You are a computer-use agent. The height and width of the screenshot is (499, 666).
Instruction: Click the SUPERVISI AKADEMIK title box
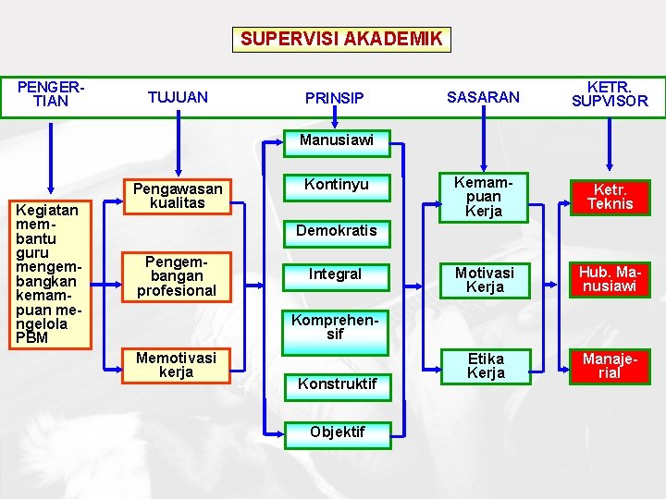(341, 39)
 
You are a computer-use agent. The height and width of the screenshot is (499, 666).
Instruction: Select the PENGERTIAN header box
(51, 94)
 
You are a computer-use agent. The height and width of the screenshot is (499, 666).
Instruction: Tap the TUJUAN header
(178, 97)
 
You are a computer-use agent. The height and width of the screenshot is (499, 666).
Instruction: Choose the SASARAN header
(483, 97)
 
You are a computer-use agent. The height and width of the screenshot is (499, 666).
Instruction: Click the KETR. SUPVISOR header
(610, 94)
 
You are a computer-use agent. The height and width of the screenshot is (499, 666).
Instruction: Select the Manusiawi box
(336, 140)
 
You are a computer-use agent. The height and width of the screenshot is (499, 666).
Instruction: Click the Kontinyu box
(336, 185)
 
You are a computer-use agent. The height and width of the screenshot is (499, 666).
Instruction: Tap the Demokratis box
(336, 230)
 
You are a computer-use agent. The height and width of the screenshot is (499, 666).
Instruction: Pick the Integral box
(335, 274)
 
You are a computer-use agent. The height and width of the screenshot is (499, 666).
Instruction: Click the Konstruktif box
(337, 382)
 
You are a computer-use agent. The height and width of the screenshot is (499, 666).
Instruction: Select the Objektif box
(337, 432)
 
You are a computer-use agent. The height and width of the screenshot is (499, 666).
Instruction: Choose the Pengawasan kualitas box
(178, 196)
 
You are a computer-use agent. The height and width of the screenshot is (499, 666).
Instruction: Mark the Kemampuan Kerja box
(484, 197)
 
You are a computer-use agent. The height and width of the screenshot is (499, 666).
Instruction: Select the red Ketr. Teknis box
(610, 197)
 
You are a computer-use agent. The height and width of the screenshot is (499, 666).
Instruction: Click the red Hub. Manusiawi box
(610, 279)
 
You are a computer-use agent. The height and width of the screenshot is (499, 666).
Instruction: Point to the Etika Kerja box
(486, 366)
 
